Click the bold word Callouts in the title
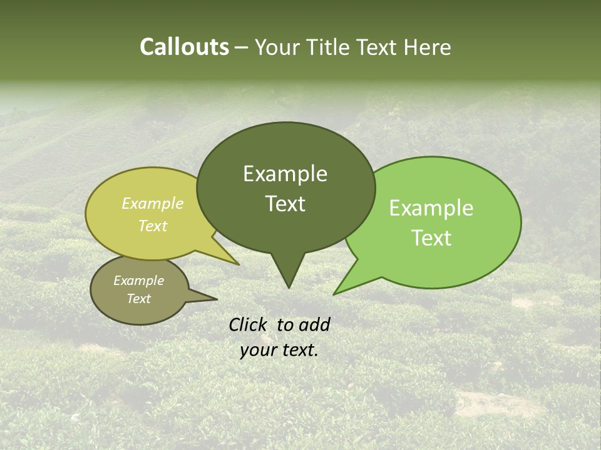184,47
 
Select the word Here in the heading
428,47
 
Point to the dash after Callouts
242,47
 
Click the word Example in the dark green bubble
285,174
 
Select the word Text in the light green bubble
432,238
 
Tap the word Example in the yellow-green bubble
153,204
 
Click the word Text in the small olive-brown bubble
139,299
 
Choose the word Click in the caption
248,324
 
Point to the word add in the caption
315,324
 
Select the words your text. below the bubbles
279,350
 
